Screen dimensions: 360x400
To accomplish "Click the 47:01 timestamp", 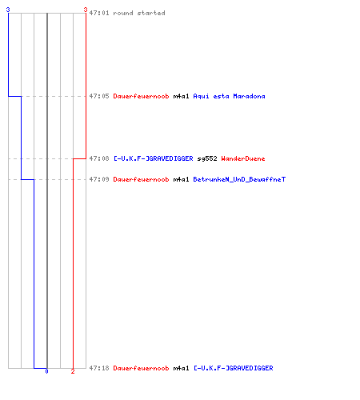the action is tap(99, 13).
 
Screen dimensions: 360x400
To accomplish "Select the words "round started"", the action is tap(139, 13).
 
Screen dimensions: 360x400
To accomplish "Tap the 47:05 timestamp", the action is tap(99, 96).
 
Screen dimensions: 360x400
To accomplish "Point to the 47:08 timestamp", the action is tap(99, 158).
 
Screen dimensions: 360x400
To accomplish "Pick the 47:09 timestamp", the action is tap(99, 179).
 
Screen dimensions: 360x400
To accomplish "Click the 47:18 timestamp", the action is tap(99, 368).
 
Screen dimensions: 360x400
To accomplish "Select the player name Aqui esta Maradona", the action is tap(229, 96).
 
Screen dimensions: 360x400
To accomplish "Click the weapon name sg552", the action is tap(207, 159).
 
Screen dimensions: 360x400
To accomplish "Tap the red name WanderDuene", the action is tap(243, 158).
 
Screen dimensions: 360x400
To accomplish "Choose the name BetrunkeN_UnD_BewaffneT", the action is tap(239, 179).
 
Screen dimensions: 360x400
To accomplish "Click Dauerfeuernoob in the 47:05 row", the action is tap(141, 96).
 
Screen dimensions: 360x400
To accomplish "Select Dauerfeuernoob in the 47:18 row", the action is tap(141, 368).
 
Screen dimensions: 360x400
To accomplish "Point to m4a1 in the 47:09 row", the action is tap(181, 179).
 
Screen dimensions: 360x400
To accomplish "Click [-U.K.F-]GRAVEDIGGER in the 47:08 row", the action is tap(154, 158).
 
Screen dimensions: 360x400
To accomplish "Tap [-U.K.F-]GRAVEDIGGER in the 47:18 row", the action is tap(234, 368).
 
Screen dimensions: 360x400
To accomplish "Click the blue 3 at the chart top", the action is tap(8, 10).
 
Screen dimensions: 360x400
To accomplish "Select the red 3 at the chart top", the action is tap(86, 10).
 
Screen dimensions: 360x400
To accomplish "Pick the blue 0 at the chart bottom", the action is tap(46, 371).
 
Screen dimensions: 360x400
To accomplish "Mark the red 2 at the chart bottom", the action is tap(73, 371).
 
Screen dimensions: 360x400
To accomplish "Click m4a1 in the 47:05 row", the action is tap(181, 96).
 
